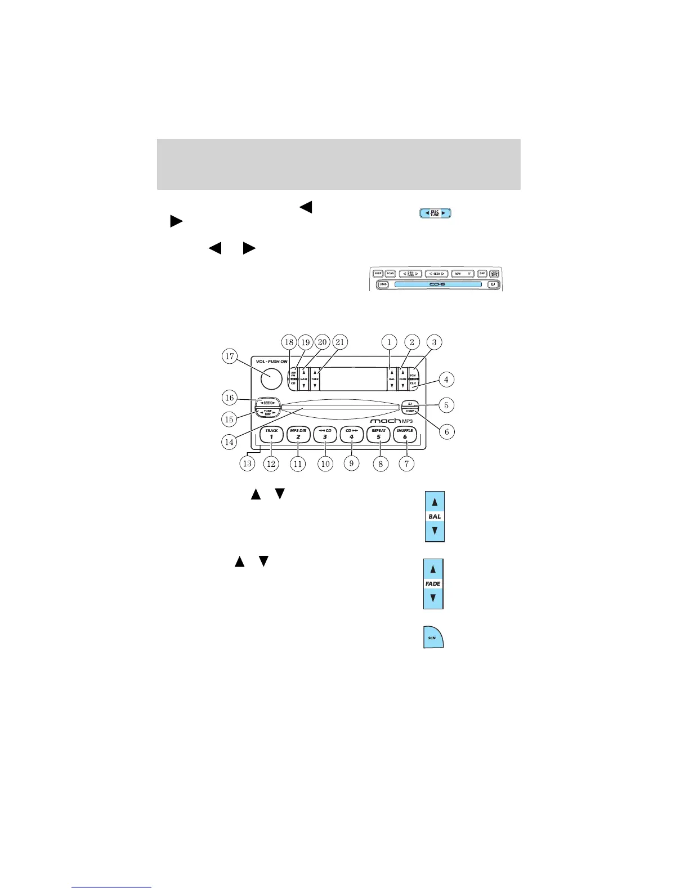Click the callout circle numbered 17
coord(229,356)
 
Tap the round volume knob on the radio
coord(270,378)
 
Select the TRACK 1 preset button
coord(271,434)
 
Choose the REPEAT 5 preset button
coord(379,434)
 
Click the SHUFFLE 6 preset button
coord(405,434)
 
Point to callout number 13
coord(247,463)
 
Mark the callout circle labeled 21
coord(339,342)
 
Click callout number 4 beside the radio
coord(446,380)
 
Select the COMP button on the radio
coord(410,411)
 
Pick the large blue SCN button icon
coord(433,637)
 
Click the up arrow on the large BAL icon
coord(435,502)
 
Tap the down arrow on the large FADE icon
coord(433,598)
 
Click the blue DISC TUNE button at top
coord(435,213)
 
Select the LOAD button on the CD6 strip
coord(383,284)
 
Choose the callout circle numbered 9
coord(351,463)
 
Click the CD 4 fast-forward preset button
coord(351,434)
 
